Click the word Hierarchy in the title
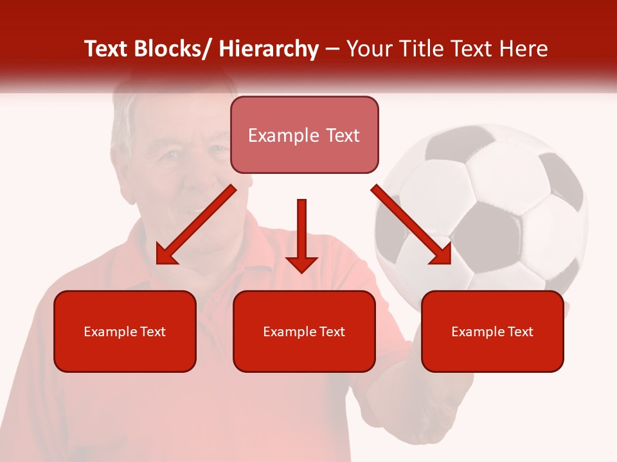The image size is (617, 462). coord(269,49)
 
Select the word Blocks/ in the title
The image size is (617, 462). coord(172,49)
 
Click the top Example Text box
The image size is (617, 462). coord(304,135)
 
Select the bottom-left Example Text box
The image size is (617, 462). coord(125,332)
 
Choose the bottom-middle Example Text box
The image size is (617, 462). coord(304,332)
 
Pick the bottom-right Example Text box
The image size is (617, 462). coord(492,332)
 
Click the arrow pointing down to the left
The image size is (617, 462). coord(195,225)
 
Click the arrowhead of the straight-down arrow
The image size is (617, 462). coord(301,264)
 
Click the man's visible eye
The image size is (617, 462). coord(169,155)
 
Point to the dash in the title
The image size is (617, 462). coord(332,50)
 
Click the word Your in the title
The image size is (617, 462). coord(371,49)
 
